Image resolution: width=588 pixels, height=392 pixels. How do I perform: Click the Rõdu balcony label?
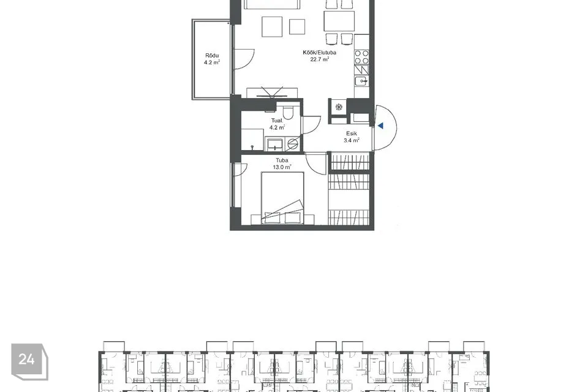(x=212, y=55)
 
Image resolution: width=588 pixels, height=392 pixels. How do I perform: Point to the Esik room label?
(x=351, y=132)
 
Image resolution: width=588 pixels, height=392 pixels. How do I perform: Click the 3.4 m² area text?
(x=351, y=140)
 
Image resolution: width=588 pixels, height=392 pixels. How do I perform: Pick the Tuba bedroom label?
(x=282, y=160)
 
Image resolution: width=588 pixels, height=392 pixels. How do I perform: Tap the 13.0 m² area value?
(x=282, y=167)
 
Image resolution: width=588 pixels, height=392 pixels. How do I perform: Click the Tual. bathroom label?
(x=277, y=121)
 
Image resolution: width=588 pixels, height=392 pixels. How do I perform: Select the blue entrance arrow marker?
(x=380, y=126)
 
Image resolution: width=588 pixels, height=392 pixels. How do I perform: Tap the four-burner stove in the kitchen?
(x=362, y=58)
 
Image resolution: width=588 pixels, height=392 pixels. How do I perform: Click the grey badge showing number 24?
(x=26, y=360)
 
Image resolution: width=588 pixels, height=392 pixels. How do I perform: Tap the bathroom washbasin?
(x=275, y=143)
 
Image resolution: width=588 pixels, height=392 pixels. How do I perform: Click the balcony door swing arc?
(x=245, y=59)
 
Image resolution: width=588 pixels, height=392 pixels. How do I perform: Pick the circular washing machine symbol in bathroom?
(x=292, y=144)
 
